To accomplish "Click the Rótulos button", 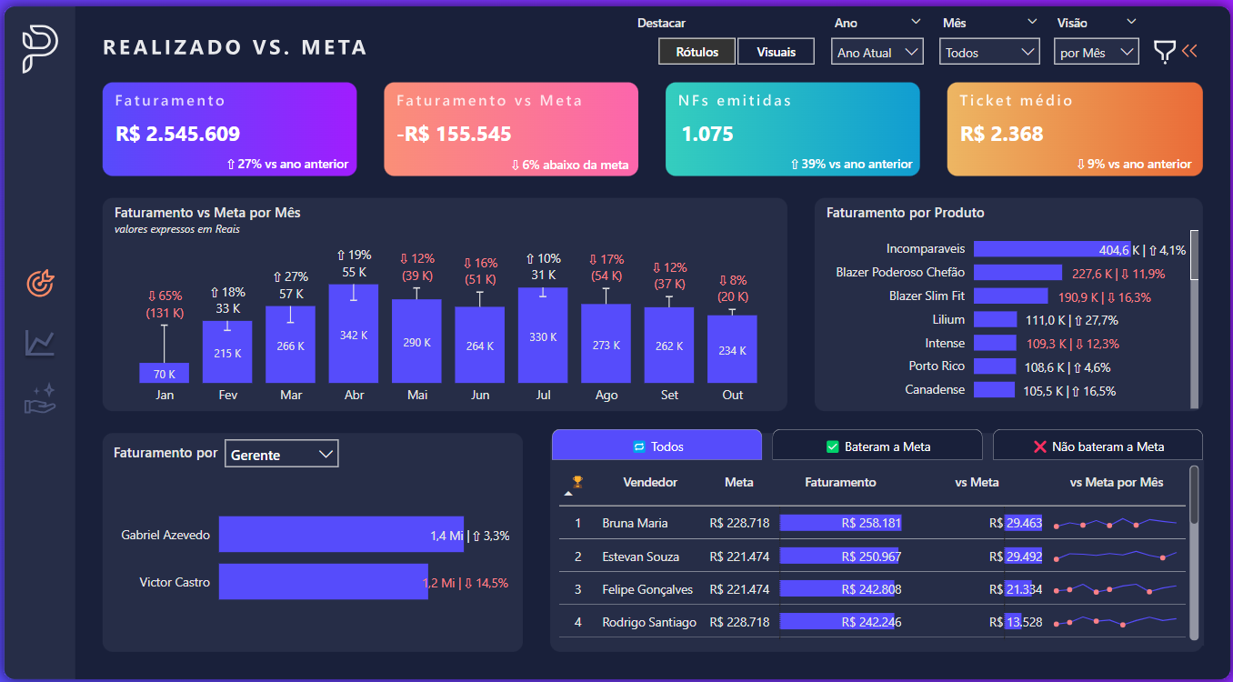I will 697,52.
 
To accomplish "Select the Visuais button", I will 776,52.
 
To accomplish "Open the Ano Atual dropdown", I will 877,53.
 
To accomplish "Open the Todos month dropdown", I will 989,53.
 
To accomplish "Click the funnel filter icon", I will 1164,52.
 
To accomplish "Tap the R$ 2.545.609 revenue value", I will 178,135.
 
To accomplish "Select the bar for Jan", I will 164,373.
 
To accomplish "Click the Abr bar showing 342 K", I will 354,334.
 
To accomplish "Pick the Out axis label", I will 732,395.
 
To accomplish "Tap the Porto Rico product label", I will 937,366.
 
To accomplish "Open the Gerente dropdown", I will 281,455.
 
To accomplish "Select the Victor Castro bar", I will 323,582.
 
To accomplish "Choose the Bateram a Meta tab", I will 877,446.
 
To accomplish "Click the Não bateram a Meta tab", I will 1098,446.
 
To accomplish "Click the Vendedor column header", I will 650,482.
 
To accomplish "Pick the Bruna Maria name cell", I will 635,523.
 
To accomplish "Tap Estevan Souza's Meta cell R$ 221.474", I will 739,557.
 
